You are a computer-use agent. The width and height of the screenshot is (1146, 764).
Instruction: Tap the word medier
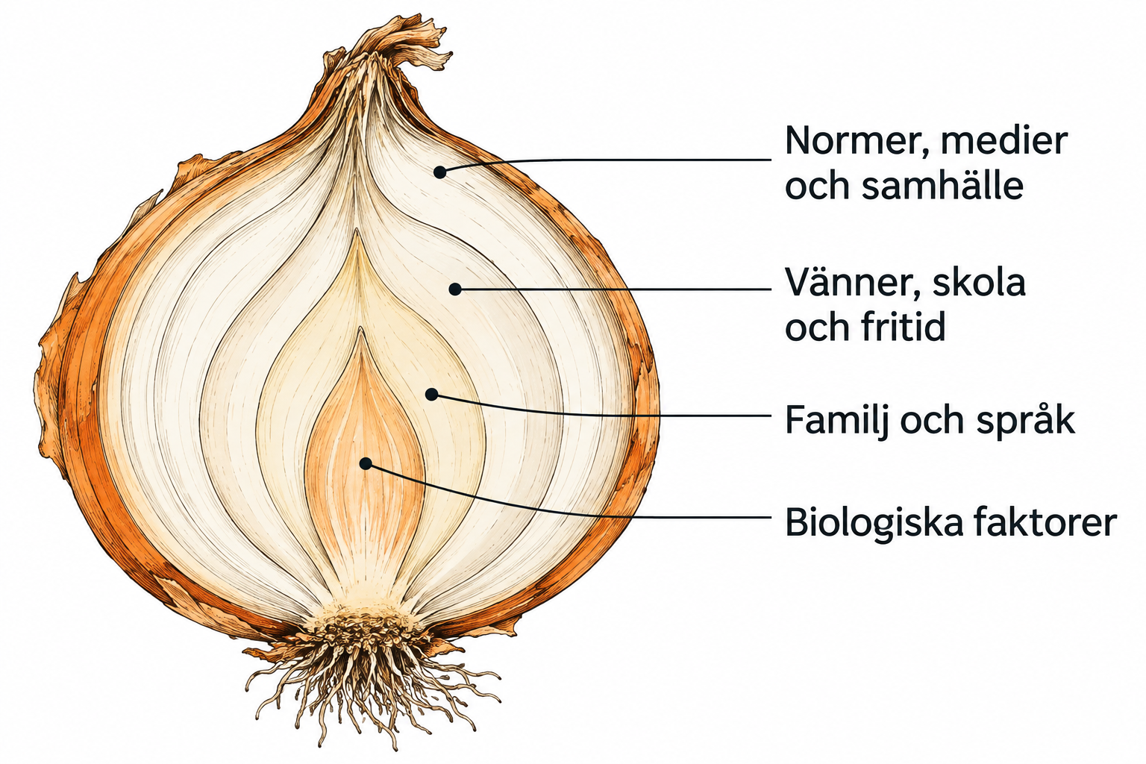click(1004, 140)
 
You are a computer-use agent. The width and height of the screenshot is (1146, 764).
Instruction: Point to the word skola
click(979, 282)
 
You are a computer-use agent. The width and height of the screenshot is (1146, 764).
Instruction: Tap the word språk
click(1025, 421)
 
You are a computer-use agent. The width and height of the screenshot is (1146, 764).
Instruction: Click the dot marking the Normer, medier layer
click(440, 172)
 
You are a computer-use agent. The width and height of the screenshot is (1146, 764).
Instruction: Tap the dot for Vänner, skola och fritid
click(455, 289)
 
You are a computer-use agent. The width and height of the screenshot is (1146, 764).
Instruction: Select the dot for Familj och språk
click(432, 394)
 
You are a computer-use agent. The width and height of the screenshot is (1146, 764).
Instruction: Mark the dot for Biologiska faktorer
click(366, 463)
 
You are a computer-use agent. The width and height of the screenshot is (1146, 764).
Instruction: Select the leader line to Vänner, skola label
click(613, 289)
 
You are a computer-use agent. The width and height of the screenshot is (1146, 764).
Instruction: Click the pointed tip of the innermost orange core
click(360, 329)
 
